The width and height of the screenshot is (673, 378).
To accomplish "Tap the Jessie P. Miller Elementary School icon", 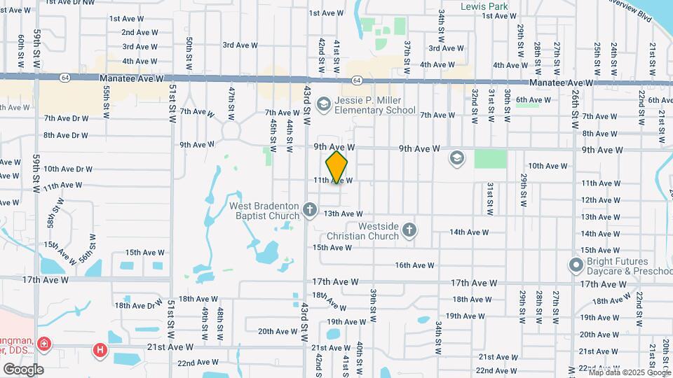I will tap(323, 105).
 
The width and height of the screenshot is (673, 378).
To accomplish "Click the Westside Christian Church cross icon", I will tap(409, 230).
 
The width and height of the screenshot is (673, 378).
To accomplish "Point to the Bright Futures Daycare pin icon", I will tap(576, 265).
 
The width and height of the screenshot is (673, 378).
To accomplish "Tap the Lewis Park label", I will tap(484, 6).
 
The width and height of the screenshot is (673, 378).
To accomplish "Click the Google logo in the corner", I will tap(23, 369).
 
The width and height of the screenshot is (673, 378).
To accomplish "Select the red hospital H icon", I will tap(101, 349).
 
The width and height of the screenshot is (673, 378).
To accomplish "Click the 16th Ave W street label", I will tap(415, 265).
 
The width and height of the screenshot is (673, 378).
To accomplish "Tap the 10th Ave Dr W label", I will tap(68, 169).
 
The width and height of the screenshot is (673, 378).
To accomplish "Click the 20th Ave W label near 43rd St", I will tap(278, 331).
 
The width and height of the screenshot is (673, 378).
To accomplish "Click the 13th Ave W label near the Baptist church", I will tap(343, 213).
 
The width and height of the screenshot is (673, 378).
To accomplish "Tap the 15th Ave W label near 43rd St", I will tap(332, 247).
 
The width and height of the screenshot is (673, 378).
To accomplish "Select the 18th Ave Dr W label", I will tap(139, 305).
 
